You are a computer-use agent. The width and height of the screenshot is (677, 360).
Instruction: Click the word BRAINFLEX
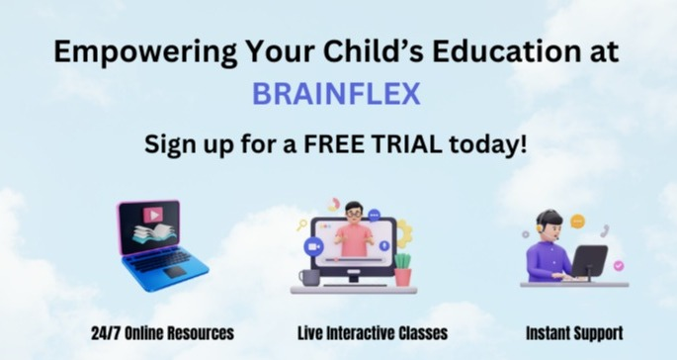tap(337, 95)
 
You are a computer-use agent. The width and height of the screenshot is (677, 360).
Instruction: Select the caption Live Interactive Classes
tap(373, 332)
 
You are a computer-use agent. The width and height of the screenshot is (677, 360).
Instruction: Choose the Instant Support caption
tap(574, 332)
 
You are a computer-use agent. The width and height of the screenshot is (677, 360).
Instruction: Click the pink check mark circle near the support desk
tap(619, 266)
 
